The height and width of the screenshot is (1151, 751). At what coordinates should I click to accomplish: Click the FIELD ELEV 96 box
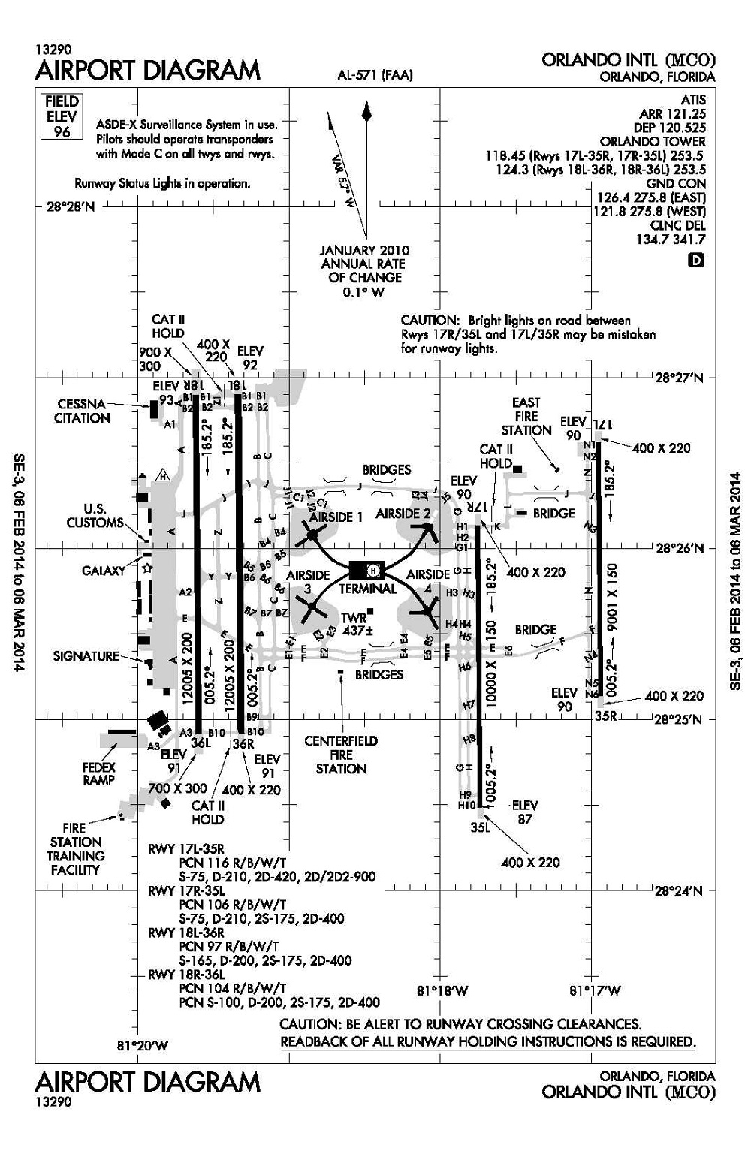[62, 116]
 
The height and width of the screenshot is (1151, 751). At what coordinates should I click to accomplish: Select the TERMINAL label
[367, 589]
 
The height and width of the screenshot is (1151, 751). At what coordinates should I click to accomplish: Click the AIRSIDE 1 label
[336, 517]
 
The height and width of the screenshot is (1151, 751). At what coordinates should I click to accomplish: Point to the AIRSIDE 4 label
[428, 582]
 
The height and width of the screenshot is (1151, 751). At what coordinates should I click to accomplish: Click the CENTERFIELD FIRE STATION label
[341, 755]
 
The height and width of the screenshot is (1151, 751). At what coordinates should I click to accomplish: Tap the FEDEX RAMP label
[99, 773]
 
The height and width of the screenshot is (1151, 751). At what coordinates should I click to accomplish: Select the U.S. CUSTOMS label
[95, 516]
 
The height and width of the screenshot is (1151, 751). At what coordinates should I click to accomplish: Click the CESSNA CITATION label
[82, 411]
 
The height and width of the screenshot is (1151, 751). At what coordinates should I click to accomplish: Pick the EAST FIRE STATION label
[526, 417]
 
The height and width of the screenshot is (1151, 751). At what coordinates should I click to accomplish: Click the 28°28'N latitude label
[71, 206]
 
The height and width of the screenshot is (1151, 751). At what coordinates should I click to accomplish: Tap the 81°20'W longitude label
[143, 1045]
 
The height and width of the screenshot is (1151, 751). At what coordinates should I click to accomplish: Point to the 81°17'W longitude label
[595, 990]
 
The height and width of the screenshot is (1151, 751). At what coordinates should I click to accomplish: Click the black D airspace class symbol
[697, 261]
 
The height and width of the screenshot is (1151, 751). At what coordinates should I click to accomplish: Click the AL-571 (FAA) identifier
[375, 75]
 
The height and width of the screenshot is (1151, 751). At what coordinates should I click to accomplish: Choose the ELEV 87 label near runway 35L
[524, 812]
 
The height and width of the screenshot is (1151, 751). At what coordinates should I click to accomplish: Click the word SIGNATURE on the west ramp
[86, 656]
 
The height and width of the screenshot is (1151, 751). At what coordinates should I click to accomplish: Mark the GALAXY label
[104, 571]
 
